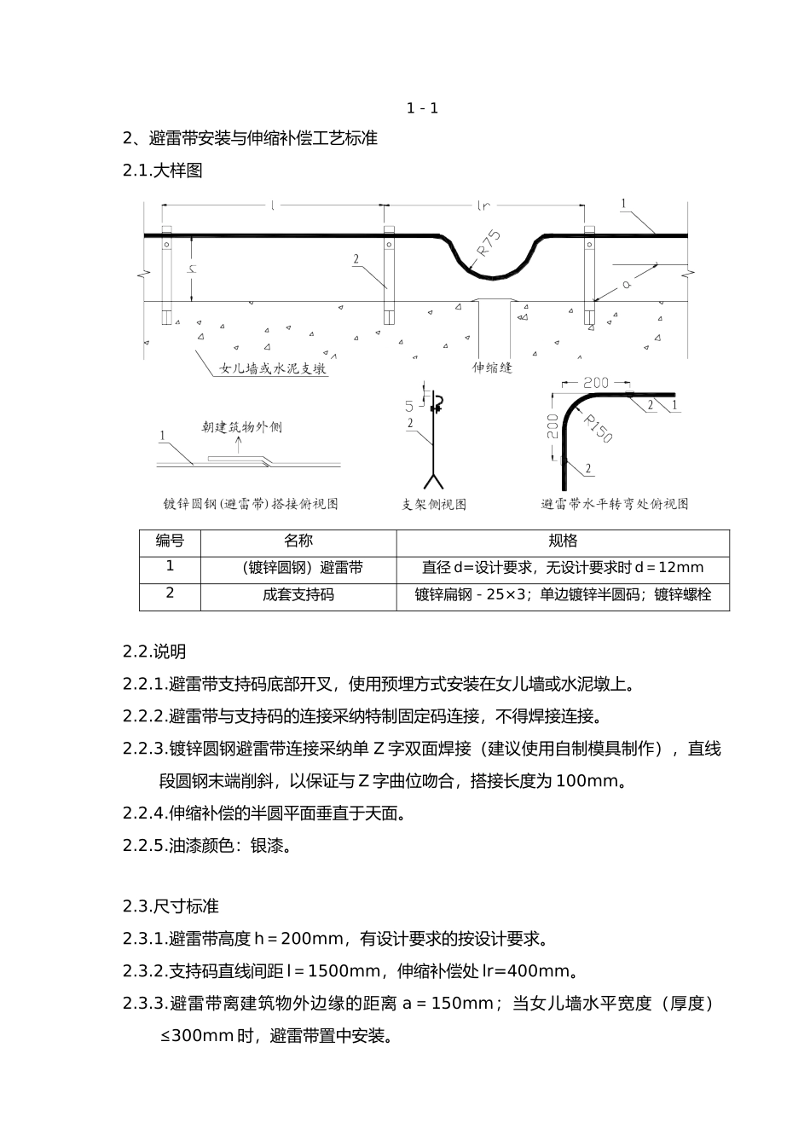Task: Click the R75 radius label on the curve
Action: (x=488, y=243)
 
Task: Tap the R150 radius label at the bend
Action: (x=599, y=429)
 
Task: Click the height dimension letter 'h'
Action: (x=194, y=269)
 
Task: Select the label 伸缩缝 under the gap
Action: (x=493, y=368)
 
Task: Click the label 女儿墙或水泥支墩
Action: (x=273, y=369)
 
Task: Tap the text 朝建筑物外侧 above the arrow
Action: (x=242, y=426)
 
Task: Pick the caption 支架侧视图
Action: (x=434, y=504)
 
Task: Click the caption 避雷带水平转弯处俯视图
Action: (x=614, y=504)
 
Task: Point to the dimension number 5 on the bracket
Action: (x=409, y=406)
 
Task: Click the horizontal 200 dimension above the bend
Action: (x=597, y=383)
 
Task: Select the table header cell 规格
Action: (x=563, y=541)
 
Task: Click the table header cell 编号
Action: (x=170, y=541)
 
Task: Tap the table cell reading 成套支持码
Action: (x=298, y=594)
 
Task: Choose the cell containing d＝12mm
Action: (x=563, y=568)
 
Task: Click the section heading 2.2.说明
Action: (x=154, y=651)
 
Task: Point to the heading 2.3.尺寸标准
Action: (x=171, y=906)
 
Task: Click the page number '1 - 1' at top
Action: (x=422, y=107)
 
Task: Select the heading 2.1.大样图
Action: (x=163, y=171)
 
